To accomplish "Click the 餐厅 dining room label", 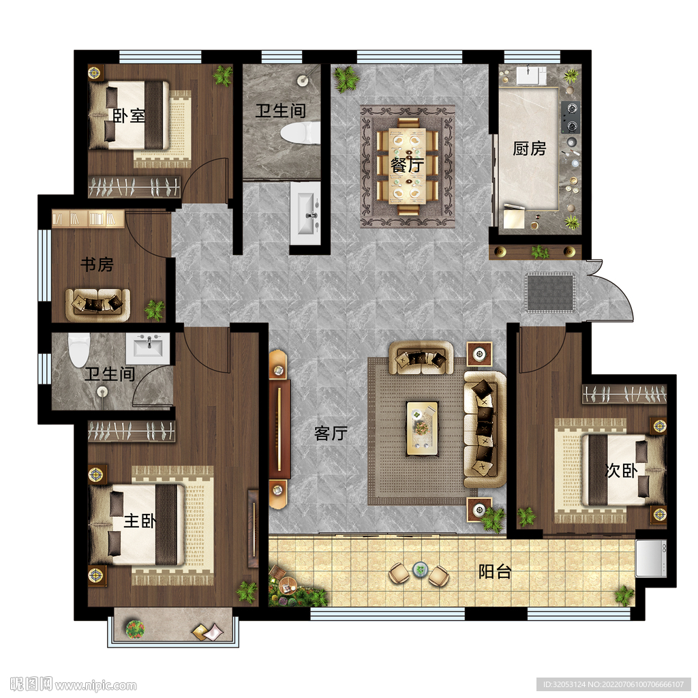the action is pos(407,165).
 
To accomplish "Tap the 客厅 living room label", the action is pos(331,433).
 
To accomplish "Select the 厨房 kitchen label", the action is pos(529,148).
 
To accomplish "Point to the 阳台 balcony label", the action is pos(495,572).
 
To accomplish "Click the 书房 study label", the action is pos(97,264).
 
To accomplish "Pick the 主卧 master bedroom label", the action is pos(140,520).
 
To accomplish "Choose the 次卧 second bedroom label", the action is pos(622,470).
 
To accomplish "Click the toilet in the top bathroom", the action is pos(301,132).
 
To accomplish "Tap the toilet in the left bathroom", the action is pos(79,350).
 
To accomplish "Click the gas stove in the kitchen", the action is pos(570,117).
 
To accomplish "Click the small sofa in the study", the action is pos(97,305).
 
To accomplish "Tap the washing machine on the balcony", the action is pos(651,558).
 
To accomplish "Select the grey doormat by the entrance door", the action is pos(550,292).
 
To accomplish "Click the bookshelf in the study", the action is pos(89,219).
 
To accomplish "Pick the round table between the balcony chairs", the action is pos(420,569).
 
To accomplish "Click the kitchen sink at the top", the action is pos(531,75).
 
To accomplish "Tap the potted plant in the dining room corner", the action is pos(346,79).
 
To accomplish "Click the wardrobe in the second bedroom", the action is pos(624,394).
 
